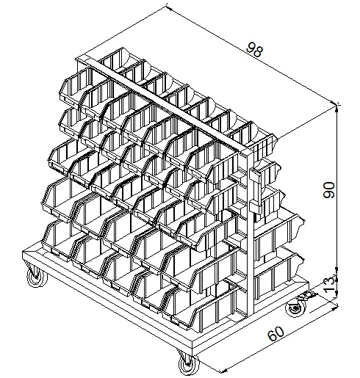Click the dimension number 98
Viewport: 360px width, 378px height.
click(x=255, y=50)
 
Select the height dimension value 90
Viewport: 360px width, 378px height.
click(x=328, y=189)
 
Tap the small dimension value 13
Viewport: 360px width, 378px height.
click(x=329, y=283)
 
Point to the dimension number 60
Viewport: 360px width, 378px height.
click(x=276, y=333)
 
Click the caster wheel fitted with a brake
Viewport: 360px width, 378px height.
click(x=296, y=308)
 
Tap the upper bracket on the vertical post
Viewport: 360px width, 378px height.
click(x=256, y=175)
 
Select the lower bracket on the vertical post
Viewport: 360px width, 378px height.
click(x=256, y=207)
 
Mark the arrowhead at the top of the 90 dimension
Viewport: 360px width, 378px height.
click(x=337, y=109)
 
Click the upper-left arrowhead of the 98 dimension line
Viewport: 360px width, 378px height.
click(x=168, y=8)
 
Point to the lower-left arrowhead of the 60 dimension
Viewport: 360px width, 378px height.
click(x=223, y=371)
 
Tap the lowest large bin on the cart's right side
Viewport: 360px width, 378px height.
click(x=278, y=273)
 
